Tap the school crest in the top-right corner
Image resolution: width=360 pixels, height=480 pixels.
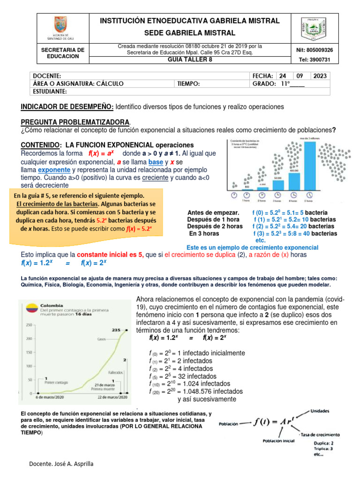click(x=313, y=29)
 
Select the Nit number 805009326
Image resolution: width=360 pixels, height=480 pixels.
click(x=315, y=50)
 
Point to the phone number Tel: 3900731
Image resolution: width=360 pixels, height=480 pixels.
click(x=315, y=60)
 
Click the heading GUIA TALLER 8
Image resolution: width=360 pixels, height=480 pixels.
click(x=190, y=60)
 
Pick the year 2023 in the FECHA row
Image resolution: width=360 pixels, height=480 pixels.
click(x=320, y=76)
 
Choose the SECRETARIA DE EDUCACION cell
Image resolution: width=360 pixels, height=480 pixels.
click(x=63, y=53)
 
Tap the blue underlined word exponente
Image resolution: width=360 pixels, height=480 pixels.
click(x=54, y=169)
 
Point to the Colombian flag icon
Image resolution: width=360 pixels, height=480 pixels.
click(x=31, y=308)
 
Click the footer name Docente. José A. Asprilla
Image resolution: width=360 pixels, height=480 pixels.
click(x=61, y=464)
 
